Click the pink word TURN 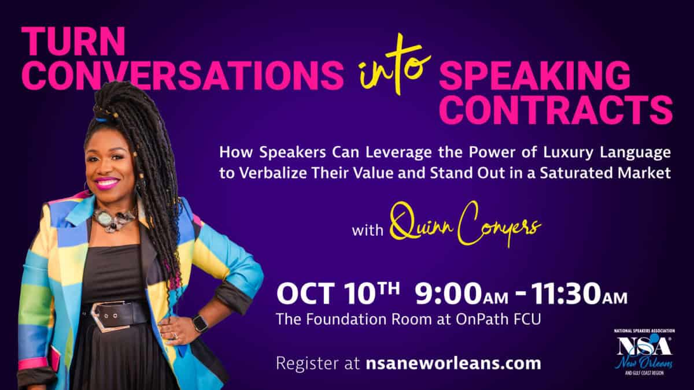click(x=73, y=41)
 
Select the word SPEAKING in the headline click(x=535, y=76)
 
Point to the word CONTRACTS click(x=556, y=110)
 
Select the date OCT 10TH click(x=338, y=293)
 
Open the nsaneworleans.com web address click(x=453, y=363)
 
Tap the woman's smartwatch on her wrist click(x=201, y=323)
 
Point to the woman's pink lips click(x=106, y=183)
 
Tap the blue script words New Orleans click(x=644, y=363)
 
